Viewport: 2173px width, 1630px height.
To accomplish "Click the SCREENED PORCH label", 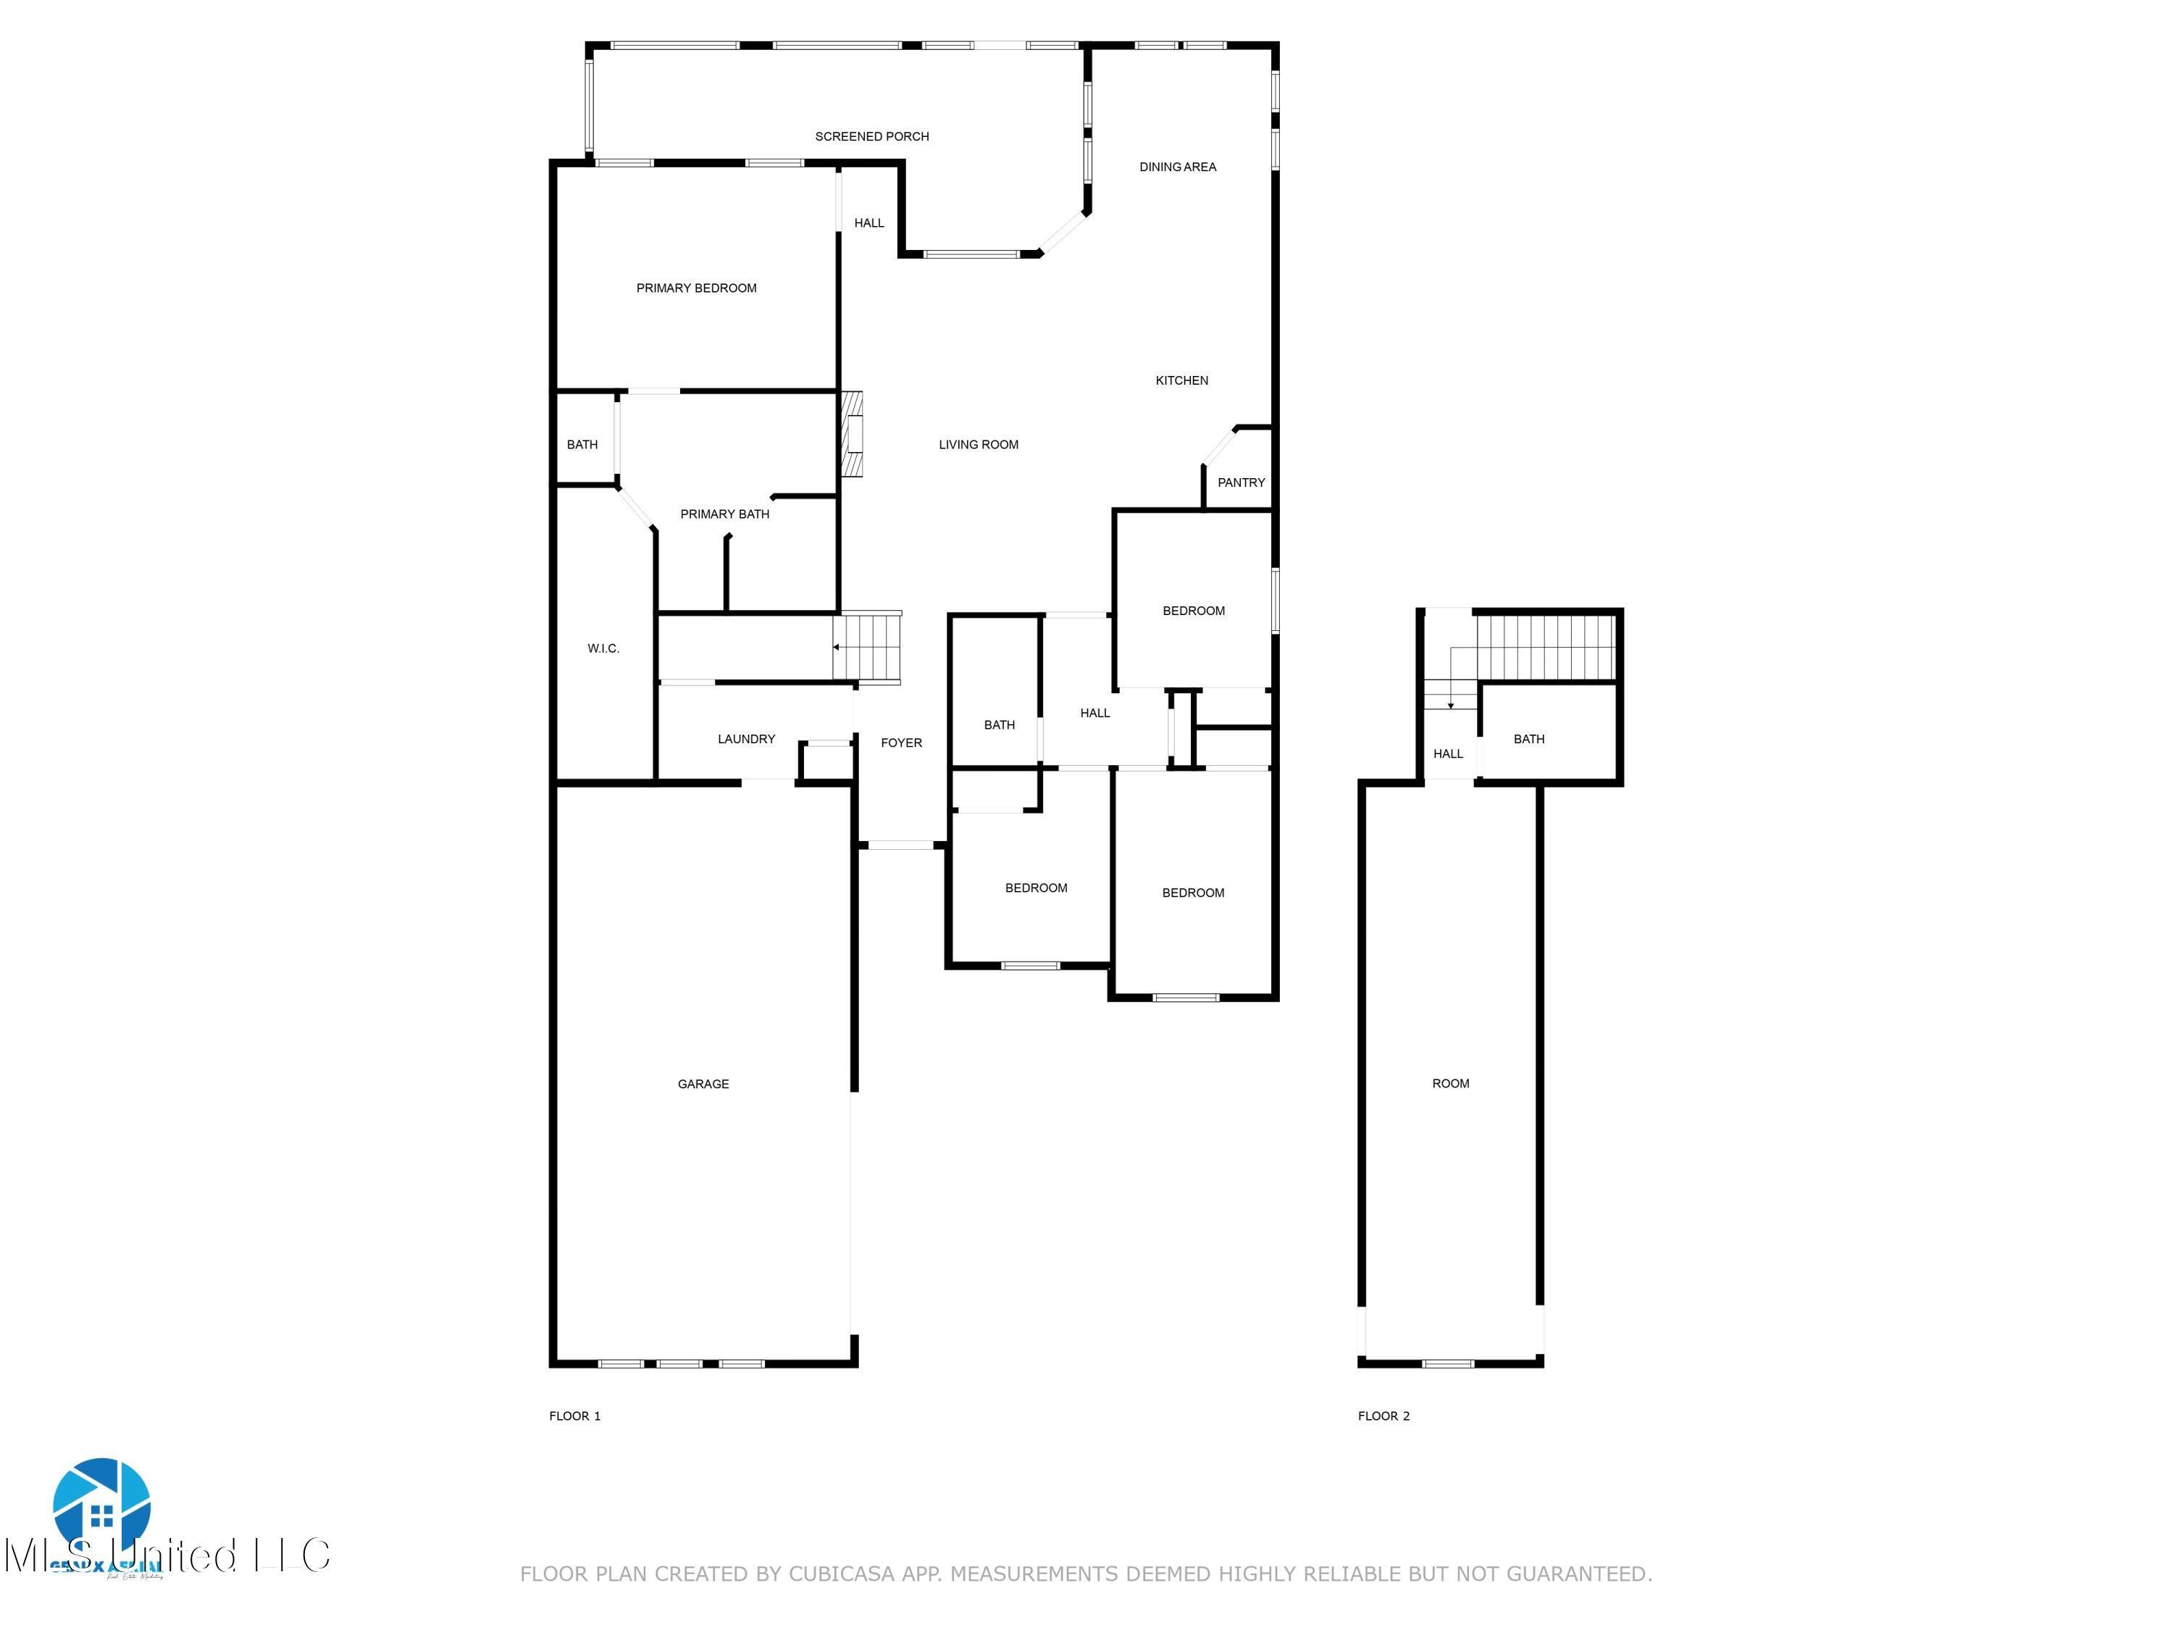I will point(871,137).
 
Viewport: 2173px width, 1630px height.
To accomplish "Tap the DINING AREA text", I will point(1177,167).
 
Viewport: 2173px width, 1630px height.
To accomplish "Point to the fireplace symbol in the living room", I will point(852,434).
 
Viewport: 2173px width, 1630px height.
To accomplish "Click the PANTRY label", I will point(1241,482).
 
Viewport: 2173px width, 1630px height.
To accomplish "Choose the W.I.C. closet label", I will point(603,648).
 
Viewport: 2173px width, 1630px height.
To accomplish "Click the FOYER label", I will point(901,743).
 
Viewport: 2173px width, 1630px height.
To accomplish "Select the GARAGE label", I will point(703,1084).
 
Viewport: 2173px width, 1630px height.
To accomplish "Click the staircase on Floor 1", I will point(866,646).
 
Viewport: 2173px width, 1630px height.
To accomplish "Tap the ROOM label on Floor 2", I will point(1450,1083).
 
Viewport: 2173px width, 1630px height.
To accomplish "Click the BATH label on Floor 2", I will point(1528,739).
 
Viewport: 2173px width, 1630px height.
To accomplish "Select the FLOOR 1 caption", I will point(574,1416).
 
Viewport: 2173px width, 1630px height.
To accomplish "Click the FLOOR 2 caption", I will point(1383,1416).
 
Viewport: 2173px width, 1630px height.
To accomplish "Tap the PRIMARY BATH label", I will point(724,514).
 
